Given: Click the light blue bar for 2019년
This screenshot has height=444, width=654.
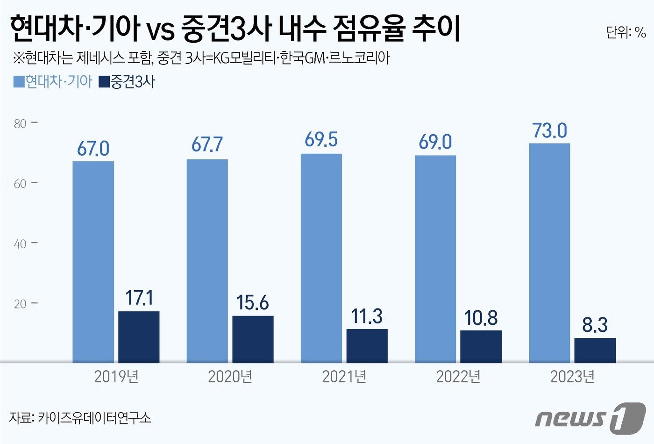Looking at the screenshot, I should pos(93,262).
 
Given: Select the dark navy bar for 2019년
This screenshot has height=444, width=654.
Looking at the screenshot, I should pos(139,337).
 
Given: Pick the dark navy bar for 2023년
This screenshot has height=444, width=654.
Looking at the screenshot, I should pos(595,350).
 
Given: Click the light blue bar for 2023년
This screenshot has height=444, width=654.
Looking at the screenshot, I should pos(549,253).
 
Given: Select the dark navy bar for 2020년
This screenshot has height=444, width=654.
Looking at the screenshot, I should pos(253,339).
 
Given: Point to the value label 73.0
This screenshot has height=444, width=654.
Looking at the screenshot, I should pos(550,131).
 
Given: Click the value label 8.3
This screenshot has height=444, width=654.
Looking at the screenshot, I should pos(595,325).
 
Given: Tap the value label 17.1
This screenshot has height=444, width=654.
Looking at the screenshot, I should pos(139,298).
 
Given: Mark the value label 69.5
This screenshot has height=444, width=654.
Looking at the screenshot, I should pos(321,140).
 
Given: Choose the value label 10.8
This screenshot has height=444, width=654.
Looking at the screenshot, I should pos(481,318).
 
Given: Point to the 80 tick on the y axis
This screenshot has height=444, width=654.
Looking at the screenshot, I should pos(20,124).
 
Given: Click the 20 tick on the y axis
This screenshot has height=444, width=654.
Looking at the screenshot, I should pos(20,304).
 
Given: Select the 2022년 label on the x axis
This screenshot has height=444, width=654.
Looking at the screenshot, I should pos(458,377).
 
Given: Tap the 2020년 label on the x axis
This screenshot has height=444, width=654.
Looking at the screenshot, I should pos(230,377).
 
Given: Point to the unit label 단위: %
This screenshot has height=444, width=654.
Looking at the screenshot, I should pos(626,32).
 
